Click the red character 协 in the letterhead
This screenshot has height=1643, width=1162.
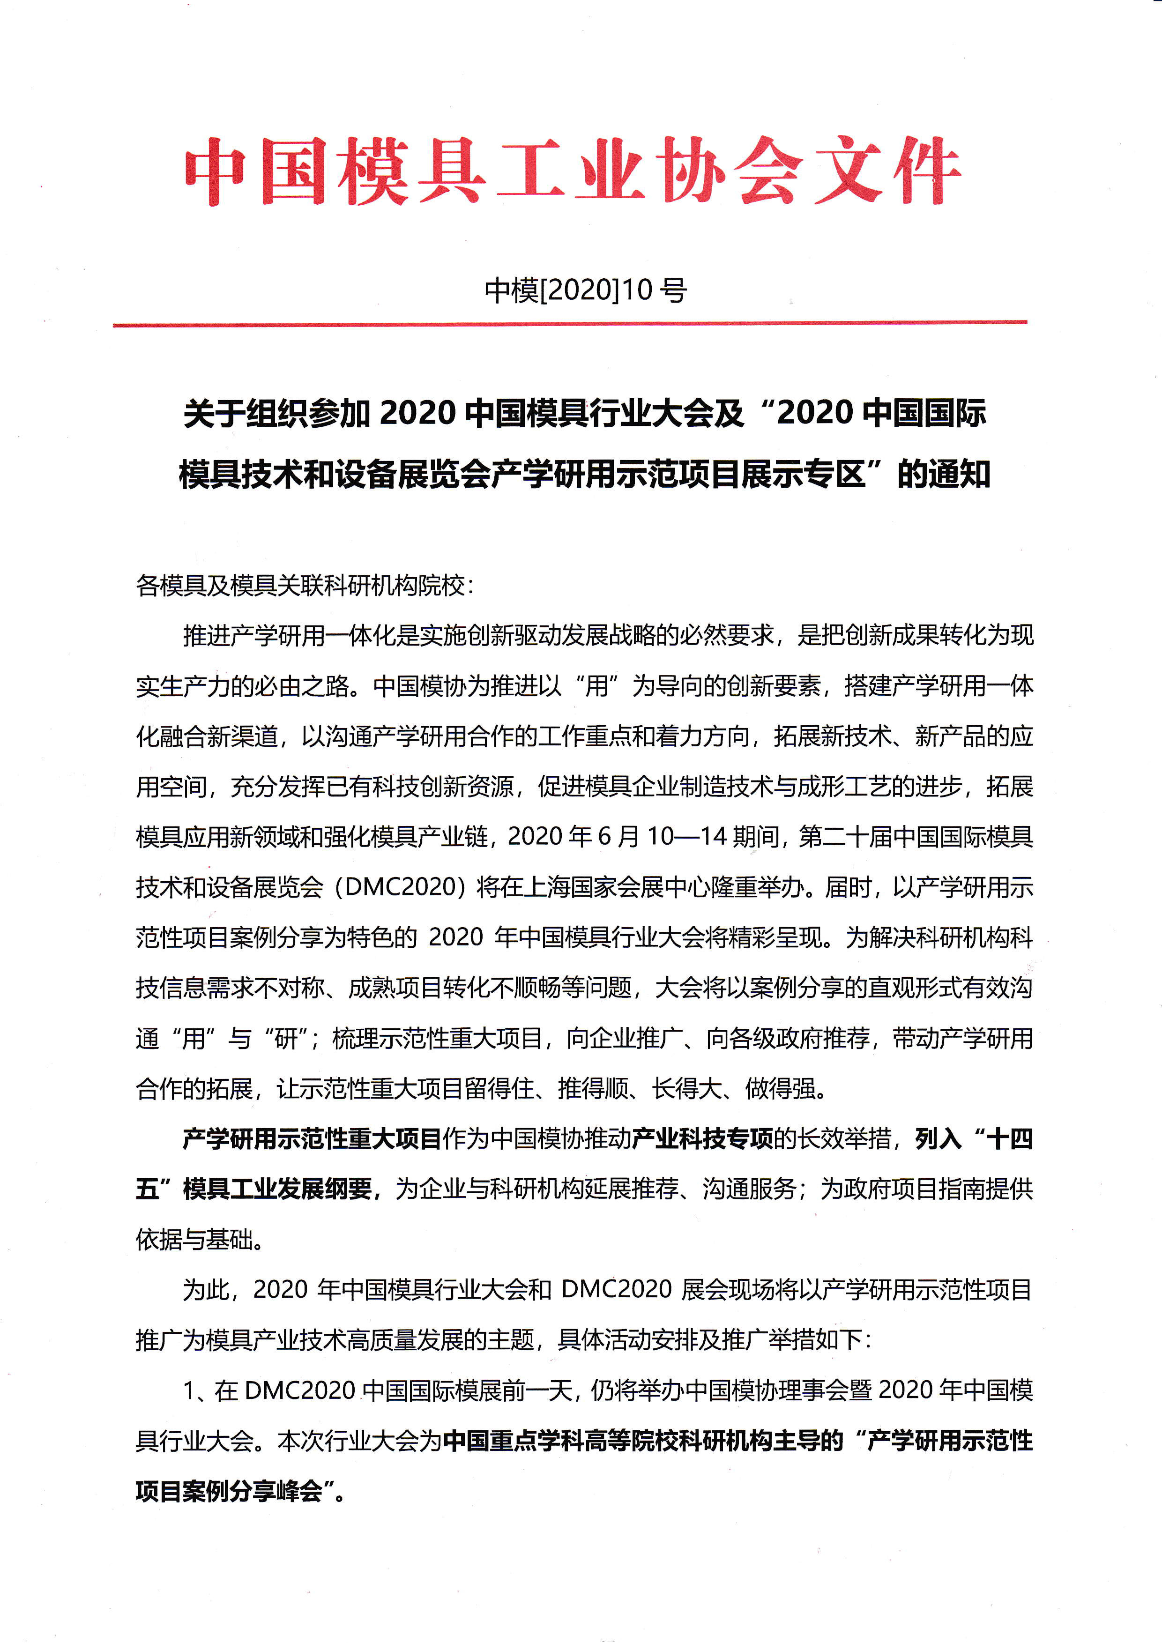point(692,172)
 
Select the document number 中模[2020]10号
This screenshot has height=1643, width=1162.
point(585,290)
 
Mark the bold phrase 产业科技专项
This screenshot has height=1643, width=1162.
point(703,1139)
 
